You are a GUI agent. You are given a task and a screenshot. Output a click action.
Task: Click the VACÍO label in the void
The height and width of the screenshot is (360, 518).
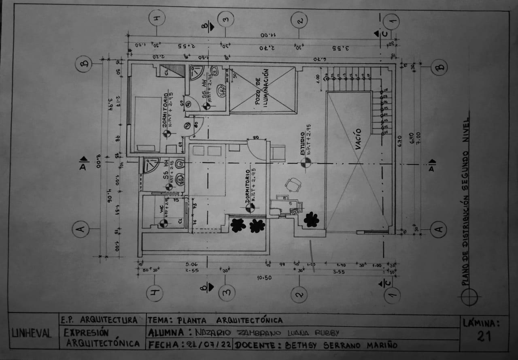pos(359,139)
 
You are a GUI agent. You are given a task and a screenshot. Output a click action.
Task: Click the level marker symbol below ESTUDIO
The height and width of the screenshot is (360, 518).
pos(306,162)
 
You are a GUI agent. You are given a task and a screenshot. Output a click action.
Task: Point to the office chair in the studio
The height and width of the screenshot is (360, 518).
pos(293,185)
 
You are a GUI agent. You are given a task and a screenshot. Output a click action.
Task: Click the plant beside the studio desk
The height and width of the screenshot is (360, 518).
pos(311,219)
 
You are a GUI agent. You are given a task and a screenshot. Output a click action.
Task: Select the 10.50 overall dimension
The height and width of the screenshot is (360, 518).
pos(263,277)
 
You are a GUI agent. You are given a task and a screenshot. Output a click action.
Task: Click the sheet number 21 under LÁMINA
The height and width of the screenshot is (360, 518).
pos(484,336)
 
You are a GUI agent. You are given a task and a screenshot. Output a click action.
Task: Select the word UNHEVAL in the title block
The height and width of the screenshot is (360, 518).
pos(32,334)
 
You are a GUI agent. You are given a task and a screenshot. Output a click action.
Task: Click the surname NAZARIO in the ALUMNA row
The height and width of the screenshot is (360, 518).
pos(213,333)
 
